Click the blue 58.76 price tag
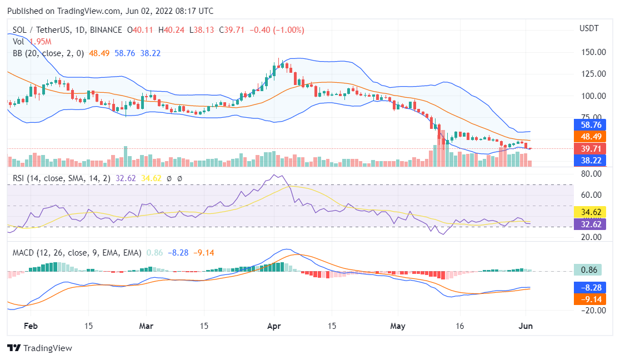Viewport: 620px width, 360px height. tap(589, 125)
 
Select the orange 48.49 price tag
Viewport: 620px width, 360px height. tap(589, 137)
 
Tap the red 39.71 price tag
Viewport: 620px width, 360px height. tap(589, 149)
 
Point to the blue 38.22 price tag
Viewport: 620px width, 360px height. tap(589, 161)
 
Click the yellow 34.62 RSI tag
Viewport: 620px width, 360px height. tap(589, 212)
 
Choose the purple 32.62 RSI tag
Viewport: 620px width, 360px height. tap(589, 224)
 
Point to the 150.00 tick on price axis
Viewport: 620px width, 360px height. tap(592, 52)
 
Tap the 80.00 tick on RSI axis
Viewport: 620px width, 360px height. tap(590, 174)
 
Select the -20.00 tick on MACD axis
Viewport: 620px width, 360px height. tap(591, 311)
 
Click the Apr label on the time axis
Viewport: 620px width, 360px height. tap(274, 326)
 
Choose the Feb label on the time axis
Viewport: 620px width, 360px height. tap(32, 326)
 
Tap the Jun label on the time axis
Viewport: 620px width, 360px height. tap(525, 326)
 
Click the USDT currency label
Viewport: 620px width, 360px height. tap(589, 28)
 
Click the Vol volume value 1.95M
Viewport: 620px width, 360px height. tap(40, 42)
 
